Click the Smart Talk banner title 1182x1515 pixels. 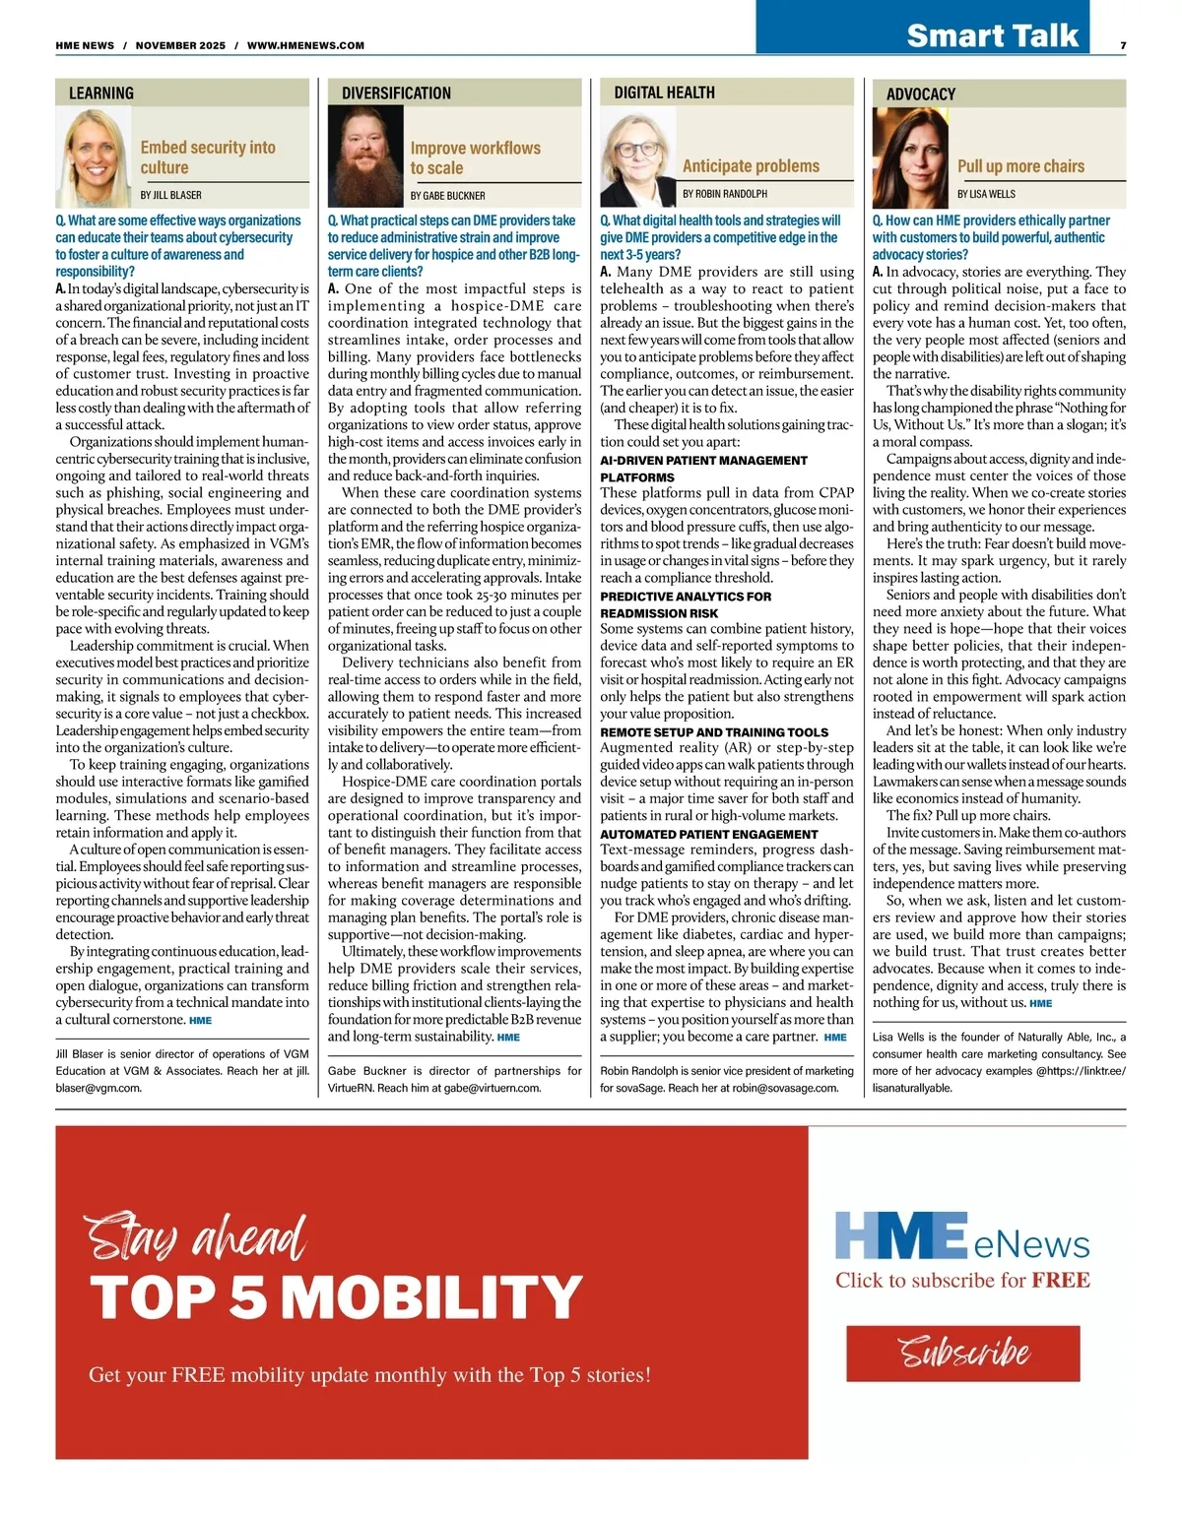point(992,35)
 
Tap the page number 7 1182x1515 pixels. point(1123,45)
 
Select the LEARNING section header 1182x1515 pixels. point(101,94)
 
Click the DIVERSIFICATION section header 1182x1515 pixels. point(396,94)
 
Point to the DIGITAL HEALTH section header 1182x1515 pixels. point(664,93)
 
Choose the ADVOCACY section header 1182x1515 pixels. point(921,95)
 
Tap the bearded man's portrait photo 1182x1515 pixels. point(365,158)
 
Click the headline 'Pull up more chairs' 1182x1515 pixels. point(1020,166)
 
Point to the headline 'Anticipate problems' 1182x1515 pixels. point(751,166)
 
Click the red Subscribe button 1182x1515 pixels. point(962,1353)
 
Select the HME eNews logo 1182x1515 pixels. point(962,1236)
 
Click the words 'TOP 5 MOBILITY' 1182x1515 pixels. point(336,1297)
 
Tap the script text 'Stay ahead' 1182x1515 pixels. point(196,1237)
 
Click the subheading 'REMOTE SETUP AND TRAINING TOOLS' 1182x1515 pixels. point(714,732)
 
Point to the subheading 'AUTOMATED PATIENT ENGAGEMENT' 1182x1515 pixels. point(708,834)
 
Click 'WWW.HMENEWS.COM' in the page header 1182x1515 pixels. point(305,45)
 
